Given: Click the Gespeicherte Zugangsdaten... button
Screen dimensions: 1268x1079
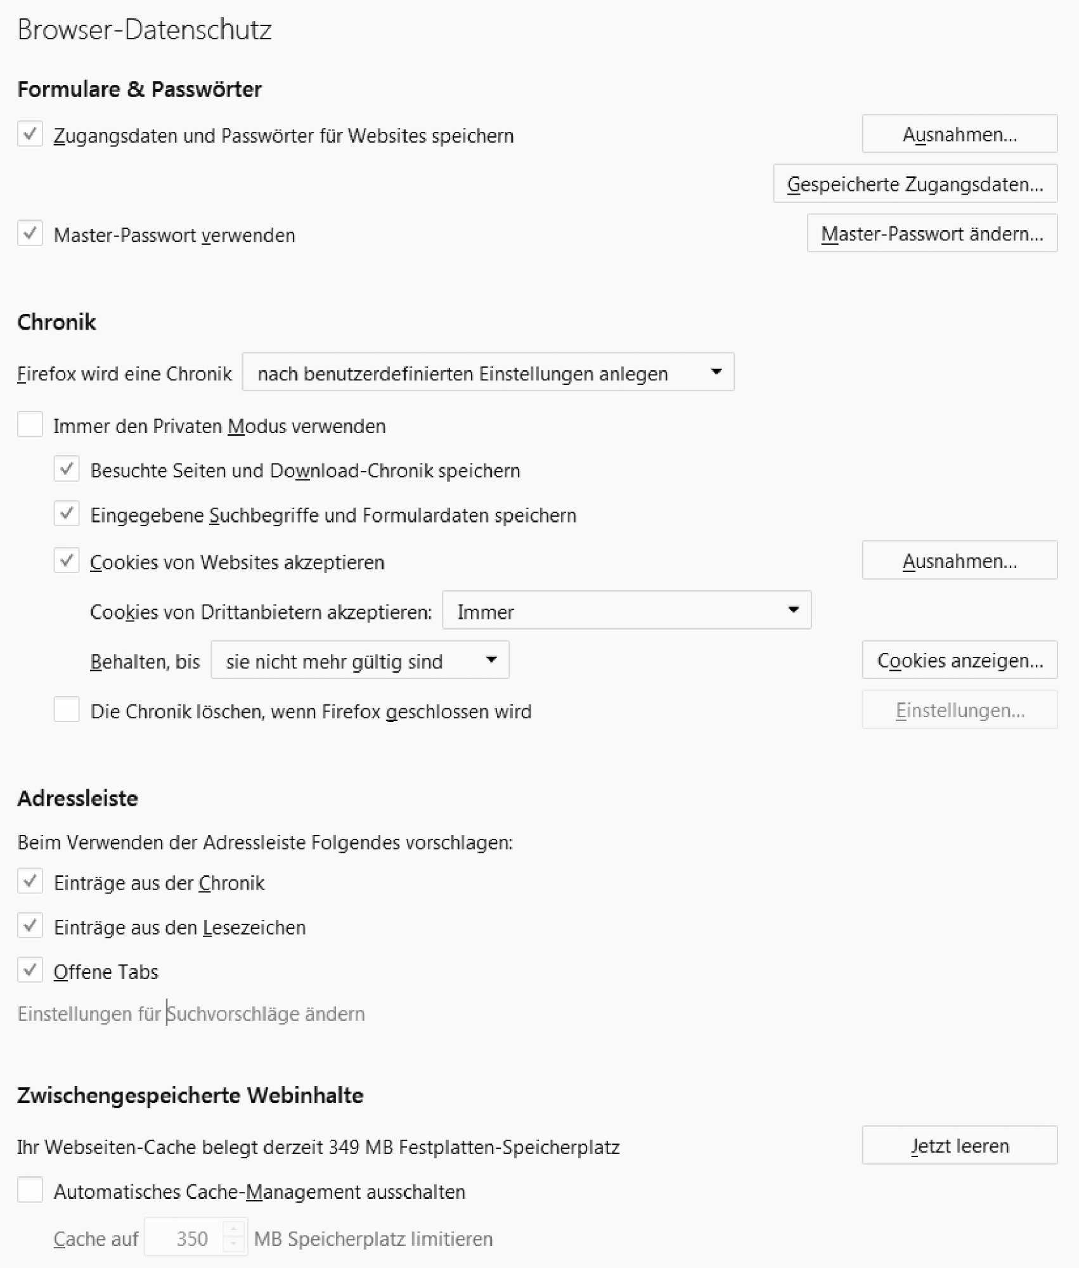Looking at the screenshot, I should point(915,184).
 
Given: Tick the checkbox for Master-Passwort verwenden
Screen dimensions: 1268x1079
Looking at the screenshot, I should point(30,234).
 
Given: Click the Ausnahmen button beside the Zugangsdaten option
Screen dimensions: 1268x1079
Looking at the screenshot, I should point(959,134).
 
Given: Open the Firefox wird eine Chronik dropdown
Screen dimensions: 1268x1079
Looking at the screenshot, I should point(488,372).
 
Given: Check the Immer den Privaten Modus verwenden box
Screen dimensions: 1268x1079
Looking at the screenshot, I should point(30,425).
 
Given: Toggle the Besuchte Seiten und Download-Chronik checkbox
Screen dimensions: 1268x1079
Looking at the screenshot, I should point(67,470).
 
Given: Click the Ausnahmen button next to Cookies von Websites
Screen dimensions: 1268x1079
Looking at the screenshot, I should point(959,560).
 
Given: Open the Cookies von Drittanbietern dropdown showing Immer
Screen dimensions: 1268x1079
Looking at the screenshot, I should point(626,611).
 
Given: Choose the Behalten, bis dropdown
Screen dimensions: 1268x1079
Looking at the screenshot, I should point(359,661).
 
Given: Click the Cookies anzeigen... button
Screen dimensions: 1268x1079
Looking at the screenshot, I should point(959,660).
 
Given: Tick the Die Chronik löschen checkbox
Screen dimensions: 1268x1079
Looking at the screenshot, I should point(67,710).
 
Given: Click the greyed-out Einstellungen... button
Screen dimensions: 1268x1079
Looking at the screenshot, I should point(959,710).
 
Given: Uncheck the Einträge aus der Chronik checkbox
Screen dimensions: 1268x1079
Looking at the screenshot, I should point(30,882).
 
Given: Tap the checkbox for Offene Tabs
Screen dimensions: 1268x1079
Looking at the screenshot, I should point(30,971).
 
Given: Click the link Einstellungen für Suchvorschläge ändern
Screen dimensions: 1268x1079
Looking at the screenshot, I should point(191,1014).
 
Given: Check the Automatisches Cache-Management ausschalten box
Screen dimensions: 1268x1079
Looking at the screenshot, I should point(30,1191).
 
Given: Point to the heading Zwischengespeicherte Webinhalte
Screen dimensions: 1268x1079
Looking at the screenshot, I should point(190,1096).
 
